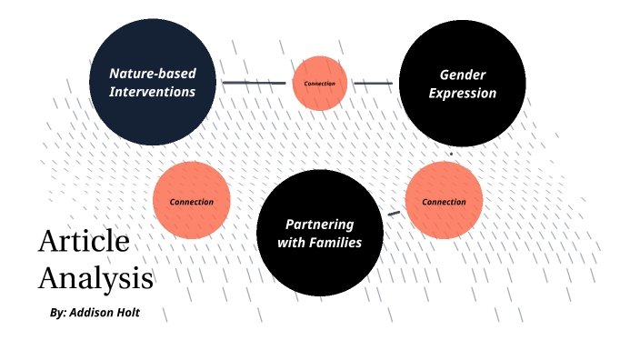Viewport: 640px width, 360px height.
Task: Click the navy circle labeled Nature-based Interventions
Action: point(153,82)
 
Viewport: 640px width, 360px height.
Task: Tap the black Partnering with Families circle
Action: point(319,233)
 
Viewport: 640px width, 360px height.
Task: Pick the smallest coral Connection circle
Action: point(320,84)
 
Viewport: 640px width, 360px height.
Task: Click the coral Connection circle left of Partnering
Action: point(191,201)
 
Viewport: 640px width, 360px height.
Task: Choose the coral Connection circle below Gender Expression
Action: point(444,201)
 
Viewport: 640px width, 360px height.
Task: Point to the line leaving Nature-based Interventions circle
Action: point(254,83)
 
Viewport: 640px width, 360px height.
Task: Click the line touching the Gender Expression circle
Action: point(373,83)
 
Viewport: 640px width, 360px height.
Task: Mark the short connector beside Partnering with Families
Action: point(394,214)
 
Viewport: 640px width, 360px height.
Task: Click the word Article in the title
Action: point(84,243)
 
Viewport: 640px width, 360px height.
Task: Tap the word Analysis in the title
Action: point(95,276)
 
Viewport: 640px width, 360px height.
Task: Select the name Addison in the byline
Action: point(104,313)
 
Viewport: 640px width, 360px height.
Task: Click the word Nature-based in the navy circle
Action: point(152,74)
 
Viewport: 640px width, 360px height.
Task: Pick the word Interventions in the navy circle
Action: point(152,92)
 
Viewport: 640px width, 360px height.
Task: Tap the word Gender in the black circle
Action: point(462,75)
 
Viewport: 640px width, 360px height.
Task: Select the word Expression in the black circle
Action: point(462,93)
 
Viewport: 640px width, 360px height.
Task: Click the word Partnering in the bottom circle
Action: point(319,224)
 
